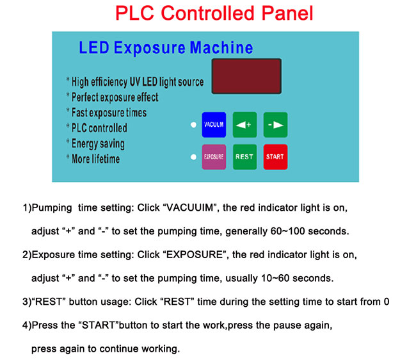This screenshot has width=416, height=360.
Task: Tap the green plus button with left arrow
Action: point(244,125)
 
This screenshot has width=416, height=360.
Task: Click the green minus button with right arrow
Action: point(275,125)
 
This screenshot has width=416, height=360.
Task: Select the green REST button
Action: point(244,157)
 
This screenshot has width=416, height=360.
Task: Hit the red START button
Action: point(275,157)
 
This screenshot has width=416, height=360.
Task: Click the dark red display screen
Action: point(246,76)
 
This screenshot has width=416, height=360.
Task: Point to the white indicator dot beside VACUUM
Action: point(194,125)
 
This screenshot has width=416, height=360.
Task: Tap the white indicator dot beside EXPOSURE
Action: point(194,157)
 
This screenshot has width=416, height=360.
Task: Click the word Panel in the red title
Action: point(287,13)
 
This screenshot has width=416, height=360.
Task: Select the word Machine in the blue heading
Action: point(221,48)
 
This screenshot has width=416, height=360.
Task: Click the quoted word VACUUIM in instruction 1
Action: point(189,208)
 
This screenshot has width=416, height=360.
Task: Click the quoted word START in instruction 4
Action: point(98,325)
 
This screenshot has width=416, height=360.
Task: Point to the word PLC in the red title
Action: point(135,13)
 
